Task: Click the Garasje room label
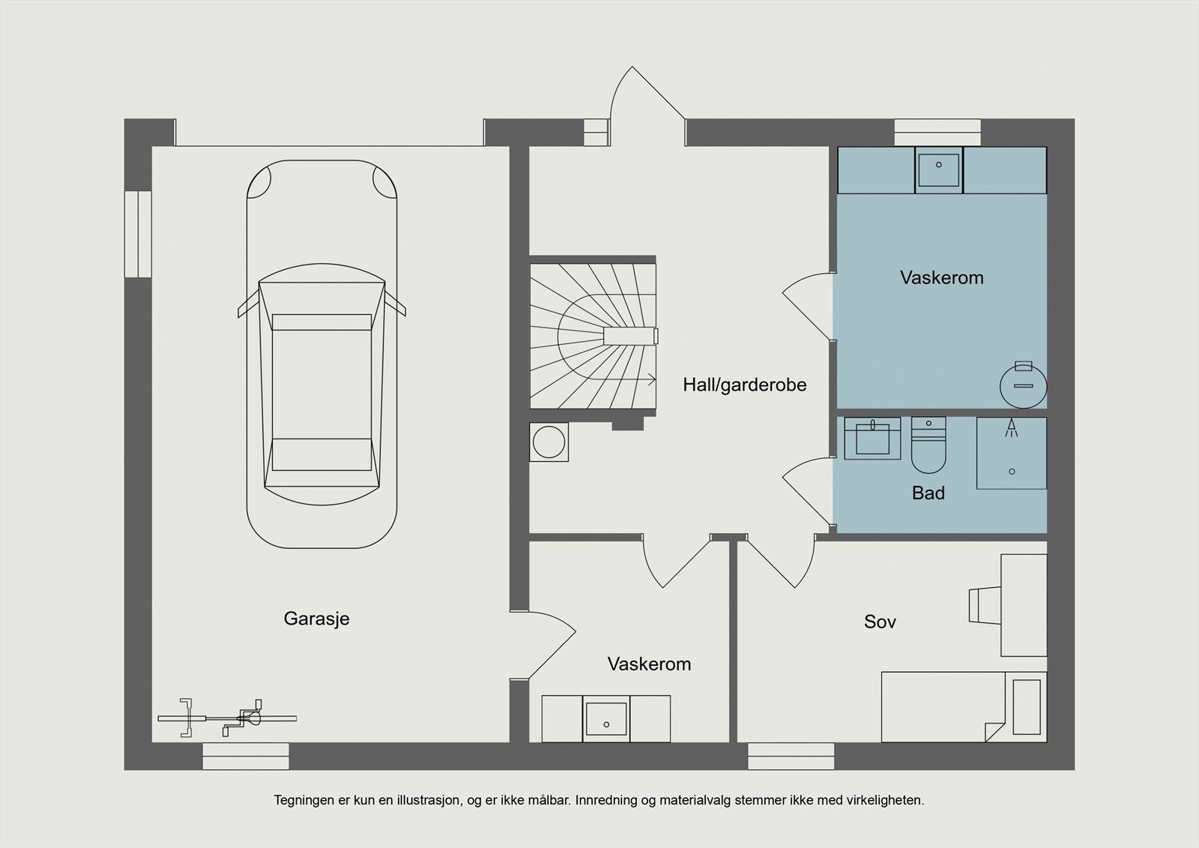point(316,619)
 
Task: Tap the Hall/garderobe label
point(744,385)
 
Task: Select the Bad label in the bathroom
point(928,493)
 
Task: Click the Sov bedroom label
point(880,622)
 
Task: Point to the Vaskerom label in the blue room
point(941,278)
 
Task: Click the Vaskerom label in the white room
point(649,664)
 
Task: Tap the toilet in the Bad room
point(929,448)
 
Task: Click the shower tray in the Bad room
point(1011,454)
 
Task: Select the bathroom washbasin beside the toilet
point(872,439)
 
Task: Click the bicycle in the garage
point(227,718)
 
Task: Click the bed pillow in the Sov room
point(1026,707)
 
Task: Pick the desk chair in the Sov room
point(985,605)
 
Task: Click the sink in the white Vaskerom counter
point(605,719)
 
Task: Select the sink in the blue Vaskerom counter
point(938,169)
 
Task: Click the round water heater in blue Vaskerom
point(1023,385)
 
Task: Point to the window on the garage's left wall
point(138,234)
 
